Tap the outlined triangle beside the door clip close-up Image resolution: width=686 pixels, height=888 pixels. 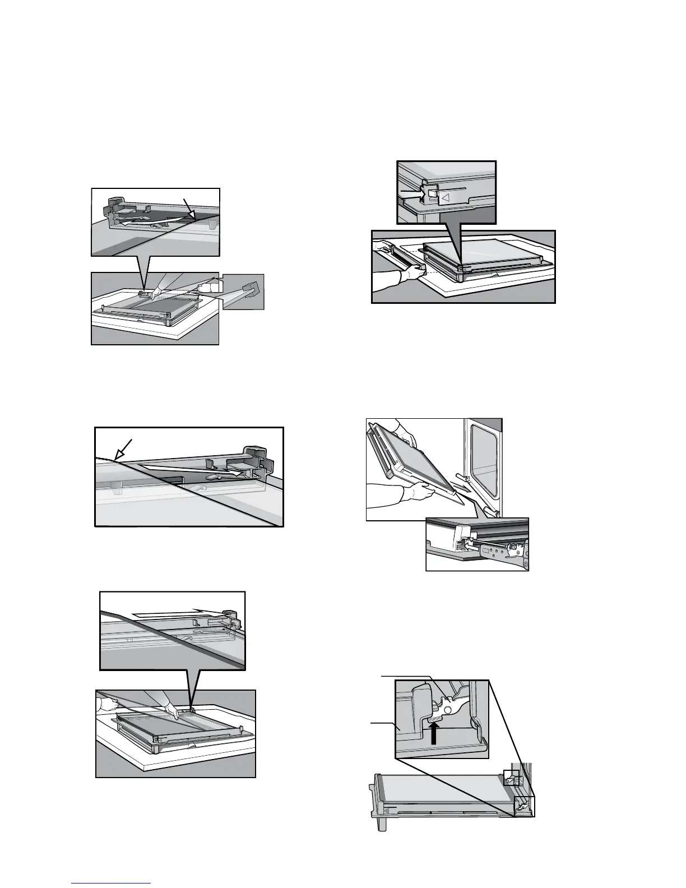click(x=446, y=197)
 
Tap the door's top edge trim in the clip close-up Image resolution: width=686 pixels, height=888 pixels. click(x=448, y=174)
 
